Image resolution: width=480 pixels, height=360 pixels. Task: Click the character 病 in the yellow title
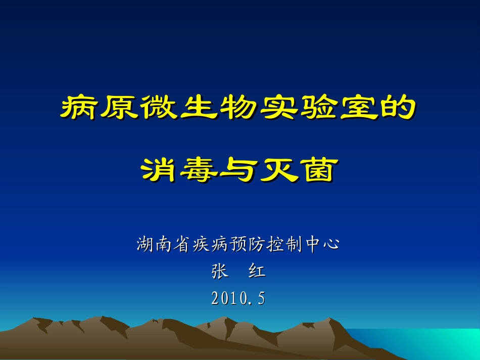click(x=79, y=108)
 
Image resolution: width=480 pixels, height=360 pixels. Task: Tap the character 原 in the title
click(x=119, y=108)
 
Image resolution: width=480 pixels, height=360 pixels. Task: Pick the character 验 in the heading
click(x=319, y=108)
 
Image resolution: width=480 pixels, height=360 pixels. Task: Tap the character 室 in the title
click(x=359, y=108)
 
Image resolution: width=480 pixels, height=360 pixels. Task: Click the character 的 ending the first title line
click(x=399, y=108)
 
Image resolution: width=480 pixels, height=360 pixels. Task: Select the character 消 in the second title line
click(x=160, y=170)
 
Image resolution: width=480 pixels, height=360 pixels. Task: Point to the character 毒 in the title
click(x=199, y=170)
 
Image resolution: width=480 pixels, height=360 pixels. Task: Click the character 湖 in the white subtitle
click(x=146, y=245)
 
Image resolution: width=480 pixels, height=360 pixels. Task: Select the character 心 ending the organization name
click(x=330, y=245)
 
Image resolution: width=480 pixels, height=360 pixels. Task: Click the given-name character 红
click(x=257, y=272)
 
